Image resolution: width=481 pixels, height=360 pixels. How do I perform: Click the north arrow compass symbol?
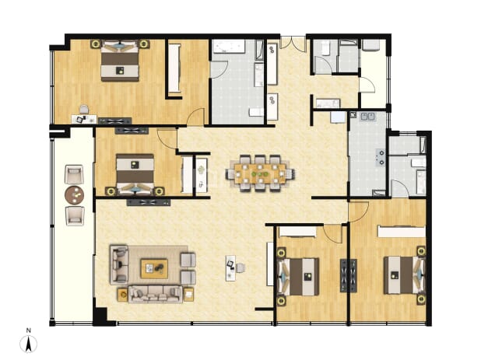point(28,344)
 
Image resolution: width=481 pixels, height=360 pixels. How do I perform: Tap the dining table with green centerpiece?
point(260,173)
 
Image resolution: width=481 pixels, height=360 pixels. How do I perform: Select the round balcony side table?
point(74,195)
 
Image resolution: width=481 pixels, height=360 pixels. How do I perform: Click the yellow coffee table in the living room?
point(154,269)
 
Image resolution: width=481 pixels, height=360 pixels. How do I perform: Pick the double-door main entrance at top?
point(293,43)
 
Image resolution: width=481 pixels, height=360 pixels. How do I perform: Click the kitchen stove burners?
point(381,157)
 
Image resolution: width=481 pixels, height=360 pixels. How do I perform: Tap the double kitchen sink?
point(368,117)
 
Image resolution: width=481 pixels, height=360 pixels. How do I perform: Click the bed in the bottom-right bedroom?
point(404,275)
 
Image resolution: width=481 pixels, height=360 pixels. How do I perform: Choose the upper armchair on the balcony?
point(74,175)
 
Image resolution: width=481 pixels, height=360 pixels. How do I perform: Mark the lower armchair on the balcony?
point(75,215)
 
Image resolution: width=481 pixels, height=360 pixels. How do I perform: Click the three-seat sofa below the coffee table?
point(155,294)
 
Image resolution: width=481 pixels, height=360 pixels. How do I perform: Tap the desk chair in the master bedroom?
point(84,109)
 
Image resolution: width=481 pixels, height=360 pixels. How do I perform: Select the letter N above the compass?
point(29,330)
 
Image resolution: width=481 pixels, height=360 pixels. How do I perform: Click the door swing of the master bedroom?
point(195,117)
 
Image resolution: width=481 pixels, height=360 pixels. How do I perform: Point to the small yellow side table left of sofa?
point(123,295)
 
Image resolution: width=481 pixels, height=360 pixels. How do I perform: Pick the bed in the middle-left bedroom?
point(135,174)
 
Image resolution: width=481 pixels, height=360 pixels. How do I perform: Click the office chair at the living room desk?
point(240,267)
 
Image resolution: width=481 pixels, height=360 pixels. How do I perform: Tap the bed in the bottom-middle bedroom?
point(298,277)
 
